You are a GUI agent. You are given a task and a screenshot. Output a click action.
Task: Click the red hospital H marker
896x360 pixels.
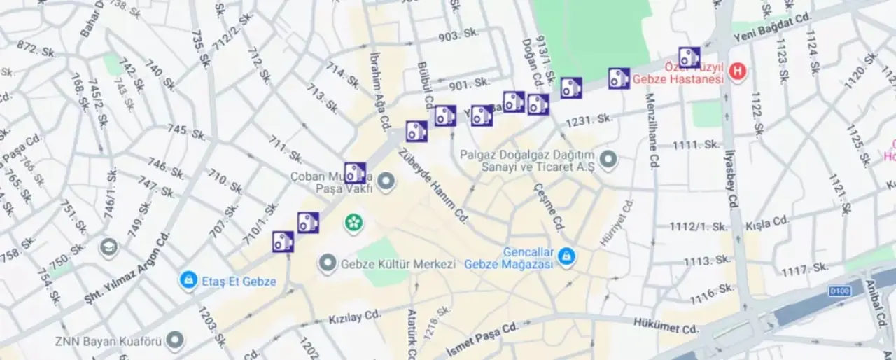coord(736,71)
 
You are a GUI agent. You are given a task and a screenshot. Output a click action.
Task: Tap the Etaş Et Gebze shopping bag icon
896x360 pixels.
coord(188,281)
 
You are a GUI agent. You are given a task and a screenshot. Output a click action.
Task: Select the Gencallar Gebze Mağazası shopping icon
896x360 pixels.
coord(566,258)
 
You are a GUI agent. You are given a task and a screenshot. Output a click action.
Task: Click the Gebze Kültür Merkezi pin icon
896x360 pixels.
coord(328,264)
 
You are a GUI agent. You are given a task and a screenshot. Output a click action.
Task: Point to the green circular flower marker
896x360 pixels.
coord(354,223)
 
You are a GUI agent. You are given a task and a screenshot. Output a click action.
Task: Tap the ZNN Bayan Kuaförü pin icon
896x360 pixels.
coord(174,342)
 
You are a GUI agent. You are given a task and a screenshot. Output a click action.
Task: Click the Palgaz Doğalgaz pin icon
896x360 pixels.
coord(608,160)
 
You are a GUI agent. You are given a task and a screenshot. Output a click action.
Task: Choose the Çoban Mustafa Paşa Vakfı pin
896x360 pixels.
coord(386,183)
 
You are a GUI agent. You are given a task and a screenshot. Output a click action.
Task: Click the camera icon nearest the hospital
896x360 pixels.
coord(689,57)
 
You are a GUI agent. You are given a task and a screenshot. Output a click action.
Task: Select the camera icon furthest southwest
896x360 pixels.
coord(283,242)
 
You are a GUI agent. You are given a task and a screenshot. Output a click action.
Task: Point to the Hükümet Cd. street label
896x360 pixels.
coord(666,326)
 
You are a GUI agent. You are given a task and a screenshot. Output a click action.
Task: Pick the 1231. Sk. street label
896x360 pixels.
coord(589,120)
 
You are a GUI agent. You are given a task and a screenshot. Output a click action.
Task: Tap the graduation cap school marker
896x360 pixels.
coord(108,247)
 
